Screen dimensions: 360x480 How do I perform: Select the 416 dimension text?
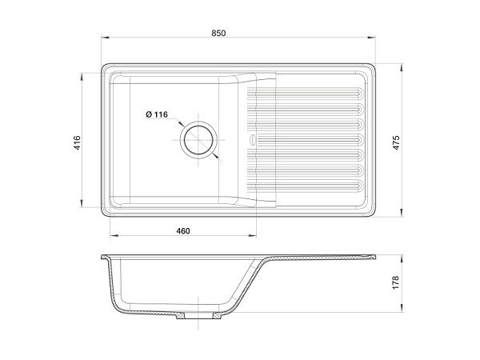77,143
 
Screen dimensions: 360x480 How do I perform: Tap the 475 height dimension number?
394,141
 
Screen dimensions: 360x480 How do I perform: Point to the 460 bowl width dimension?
182,231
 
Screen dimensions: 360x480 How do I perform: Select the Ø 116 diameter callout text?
157,114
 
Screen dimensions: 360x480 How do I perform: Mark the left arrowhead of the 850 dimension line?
105,39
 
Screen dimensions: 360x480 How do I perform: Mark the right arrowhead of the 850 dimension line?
376,39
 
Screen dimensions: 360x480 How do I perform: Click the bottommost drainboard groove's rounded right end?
362,187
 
